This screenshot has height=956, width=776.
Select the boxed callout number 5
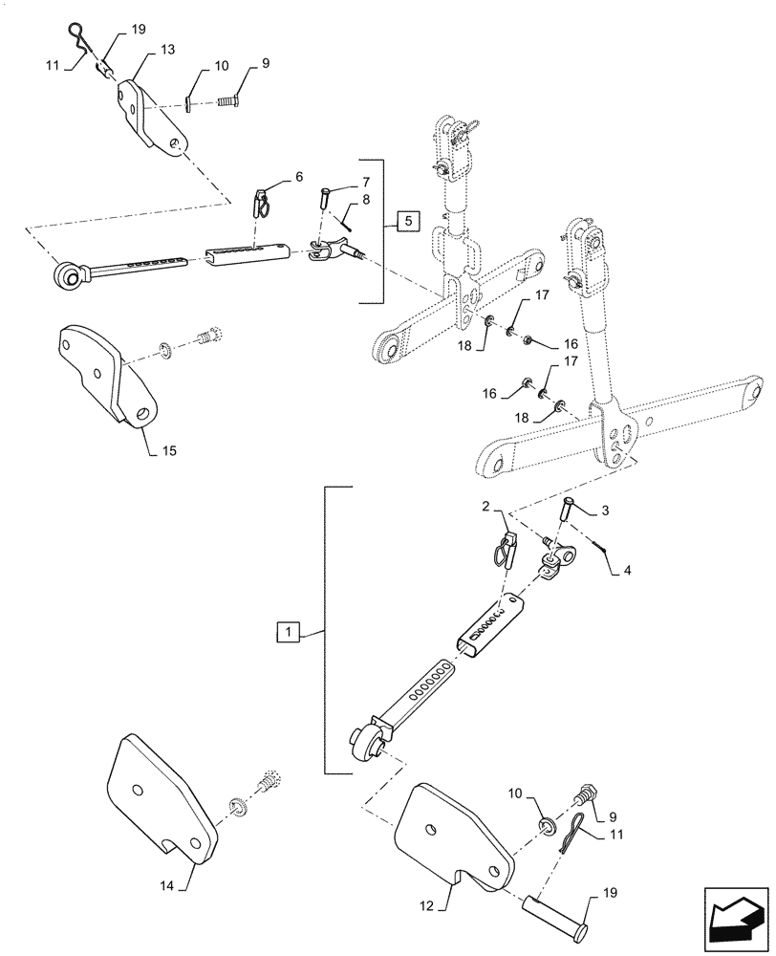(x=406, y=222)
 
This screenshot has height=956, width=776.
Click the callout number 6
(x=298, y=178)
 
